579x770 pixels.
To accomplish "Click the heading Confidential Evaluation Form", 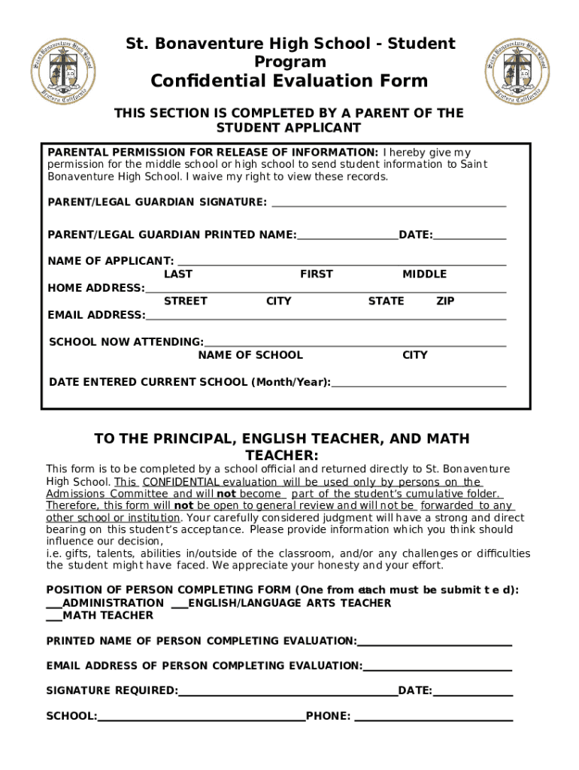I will point(289,81).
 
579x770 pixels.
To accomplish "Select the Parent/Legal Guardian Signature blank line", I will point(388,203).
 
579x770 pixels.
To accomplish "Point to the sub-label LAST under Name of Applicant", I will point(178,274).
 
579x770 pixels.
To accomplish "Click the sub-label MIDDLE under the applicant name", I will point(424,274).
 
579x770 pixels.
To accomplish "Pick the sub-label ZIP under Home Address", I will point(445,302).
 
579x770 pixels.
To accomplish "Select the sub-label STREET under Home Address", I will point(186,302).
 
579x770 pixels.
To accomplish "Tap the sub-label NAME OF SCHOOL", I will point(250,356).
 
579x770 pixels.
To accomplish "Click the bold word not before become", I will point(226,494).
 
